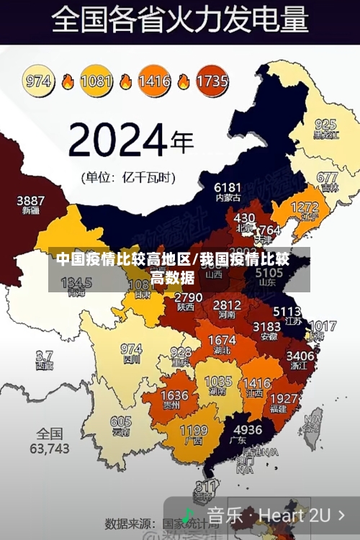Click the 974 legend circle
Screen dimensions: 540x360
39,81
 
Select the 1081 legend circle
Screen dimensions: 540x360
96,81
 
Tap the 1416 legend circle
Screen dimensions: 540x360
155,81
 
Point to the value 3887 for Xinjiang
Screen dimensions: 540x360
30,200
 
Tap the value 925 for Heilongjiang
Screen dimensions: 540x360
325,124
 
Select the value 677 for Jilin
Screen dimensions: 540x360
327,177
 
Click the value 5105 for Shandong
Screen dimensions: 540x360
269,274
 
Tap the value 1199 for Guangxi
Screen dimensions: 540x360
193,431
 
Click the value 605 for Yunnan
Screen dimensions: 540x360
121,422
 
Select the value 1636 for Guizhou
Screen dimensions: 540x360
174,395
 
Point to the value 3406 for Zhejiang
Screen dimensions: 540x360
300,355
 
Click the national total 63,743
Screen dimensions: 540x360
49,448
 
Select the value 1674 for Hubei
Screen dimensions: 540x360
222,340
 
